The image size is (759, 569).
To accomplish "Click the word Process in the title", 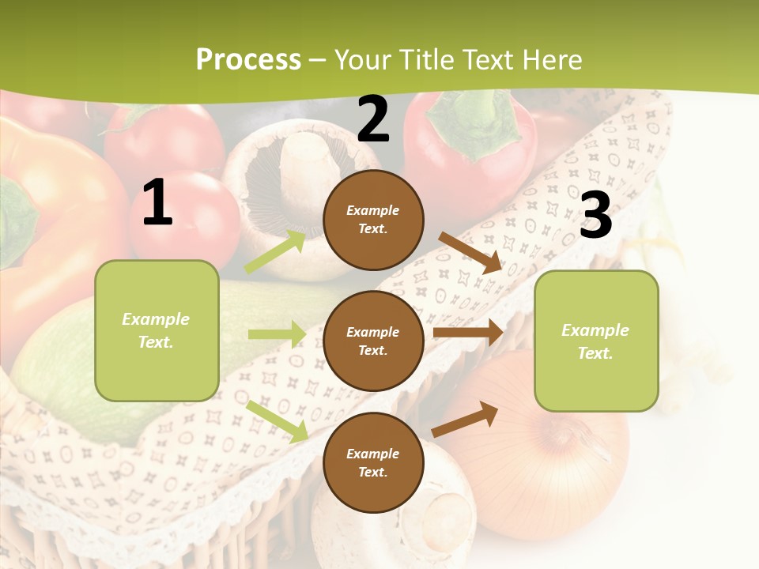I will (248, 60).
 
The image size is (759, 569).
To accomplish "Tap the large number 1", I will (157, 203).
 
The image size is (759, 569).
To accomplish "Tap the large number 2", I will (373, 119).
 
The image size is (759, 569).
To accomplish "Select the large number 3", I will (595, 216).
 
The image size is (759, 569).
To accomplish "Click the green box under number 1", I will (157, 330).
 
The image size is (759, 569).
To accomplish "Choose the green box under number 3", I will (596, 341).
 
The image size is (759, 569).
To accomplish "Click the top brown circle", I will (373, 220).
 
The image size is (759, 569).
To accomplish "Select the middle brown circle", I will (373, 341).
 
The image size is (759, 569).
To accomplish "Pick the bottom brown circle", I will (373, 462).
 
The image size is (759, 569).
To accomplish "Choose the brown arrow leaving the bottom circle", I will (466, 419).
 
